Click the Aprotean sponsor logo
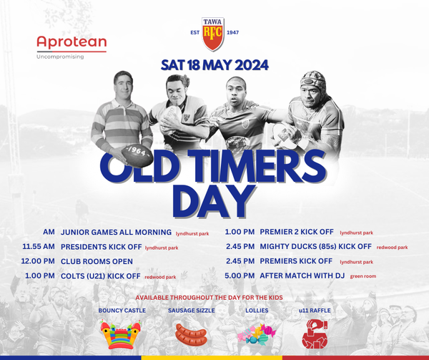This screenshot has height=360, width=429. [x=71, y=47]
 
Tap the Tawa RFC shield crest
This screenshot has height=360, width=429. [x=213, y=34]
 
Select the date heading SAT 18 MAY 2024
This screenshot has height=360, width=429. [x=214, y=65]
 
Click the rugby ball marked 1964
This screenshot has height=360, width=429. [x=137, y=155]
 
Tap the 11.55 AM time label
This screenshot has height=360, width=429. [x=39, y=247]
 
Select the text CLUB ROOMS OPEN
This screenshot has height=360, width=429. [x=97, y=261]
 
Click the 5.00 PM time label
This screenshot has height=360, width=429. [x=240, y=276]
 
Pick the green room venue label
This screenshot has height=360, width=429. [x=363, y=276]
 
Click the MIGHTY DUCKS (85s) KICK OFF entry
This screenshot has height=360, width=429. [x=316, y=247]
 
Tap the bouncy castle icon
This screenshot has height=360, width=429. [x=121, y=334]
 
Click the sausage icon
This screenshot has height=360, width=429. [x=191, y=334]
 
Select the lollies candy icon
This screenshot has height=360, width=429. [x=257, y=334]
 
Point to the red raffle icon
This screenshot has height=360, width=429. [x=315, y=334]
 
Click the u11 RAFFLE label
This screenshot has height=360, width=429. [x=315, y=311]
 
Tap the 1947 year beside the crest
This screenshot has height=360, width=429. [x=233, y=33]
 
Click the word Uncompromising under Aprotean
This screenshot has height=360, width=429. [x=60, y=57]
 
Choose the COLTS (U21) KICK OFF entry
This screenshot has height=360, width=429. [x=100, y=276]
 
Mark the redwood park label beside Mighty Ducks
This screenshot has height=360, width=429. [x=392, y=247]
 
